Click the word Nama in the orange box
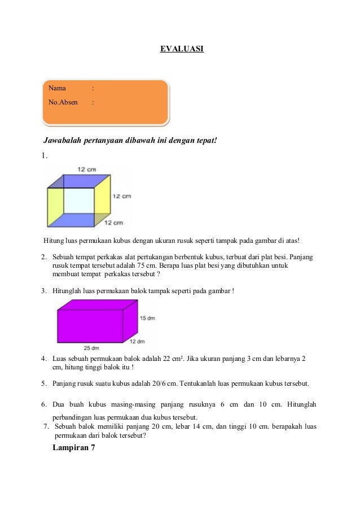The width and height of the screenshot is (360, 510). pos(57,88)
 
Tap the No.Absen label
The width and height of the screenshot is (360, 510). pos(63,103)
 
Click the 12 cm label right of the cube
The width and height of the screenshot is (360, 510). pos(122,196)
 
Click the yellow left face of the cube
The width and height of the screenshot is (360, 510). pos(55,206)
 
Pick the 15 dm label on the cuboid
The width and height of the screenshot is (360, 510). pos(147,319)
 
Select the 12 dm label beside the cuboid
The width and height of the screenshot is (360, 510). pos(137,341)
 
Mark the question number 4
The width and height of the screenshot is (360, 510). pos(44,359)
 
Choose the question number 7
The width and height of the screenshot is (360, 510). pos(47,426)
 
